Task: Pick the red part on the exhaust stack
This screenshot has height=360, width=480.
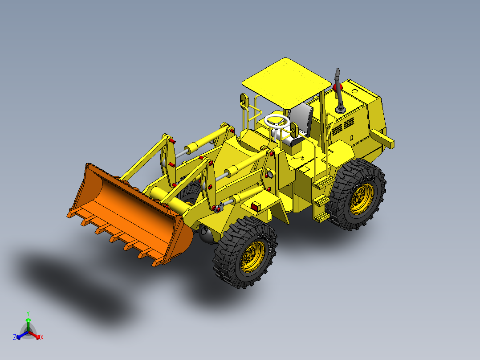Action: click(x=336, y=86)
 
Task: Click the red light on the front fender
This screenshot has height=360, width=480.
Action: click(x=256, y=207)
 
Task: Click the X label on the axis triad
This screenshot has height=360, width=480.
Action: click(x=42, y=338)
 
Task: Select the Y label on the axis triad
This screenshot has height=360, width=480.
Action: click(x=28, y=313)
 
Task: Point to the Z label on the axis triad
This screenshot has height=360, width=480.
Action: click(x=15, y=337)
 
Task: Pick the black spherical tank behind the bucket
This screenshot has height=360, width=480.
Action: click(x=206, y=234)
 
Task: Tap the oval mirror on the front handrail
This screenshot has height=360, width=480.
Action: click(x=243, y=102)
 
